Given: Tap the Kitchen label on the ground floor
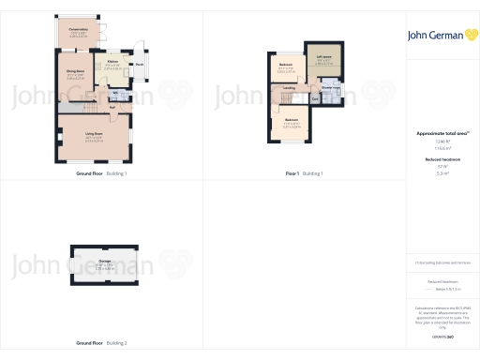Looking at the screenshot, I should [x=112, y=62].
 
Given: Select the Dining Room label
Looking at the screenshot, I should [x=75, y=71].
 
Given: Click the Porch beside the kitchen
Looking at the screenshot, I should [x=139, y=65].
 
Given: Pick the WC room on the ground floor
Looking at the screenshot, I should [x=114, y=92].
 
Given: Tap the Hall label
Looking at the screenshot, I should [x=111, y=106].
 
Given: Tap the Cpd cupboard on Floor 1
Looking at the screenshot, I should [x=315, y=99].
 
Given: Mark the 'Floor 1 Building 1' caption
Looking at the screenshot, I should [x=304, y=174].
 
